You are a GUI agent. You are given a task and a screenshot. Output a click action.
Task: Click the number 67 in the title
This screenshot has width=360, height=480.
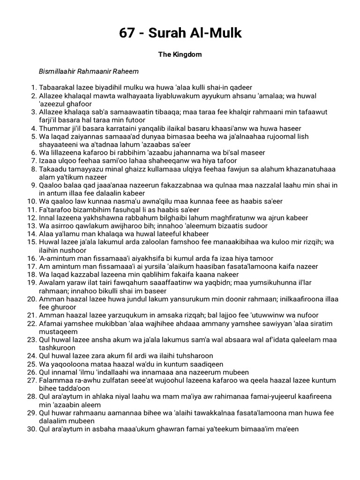(x=127, y=33)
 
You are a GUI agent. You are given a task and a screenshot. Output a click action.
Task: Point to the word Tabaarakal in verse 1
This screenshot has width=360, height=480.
(x=57, y=88)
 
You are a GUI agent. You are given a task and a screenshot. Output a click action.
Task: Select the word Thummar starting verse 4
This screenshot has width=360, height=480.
(x=54, y=128)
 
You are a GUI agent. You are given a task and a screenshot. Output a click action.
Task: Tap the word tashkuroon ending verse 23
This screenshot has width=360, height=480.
(x=58, y=347)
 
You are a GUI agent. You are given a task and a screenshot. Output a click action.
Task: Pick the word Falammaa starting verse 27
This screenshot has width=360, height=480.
(x=55, y=380)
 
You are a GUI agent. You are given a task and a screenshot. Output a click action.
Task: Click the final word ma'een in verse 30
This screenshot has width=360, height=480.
(x=286, y=429)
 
